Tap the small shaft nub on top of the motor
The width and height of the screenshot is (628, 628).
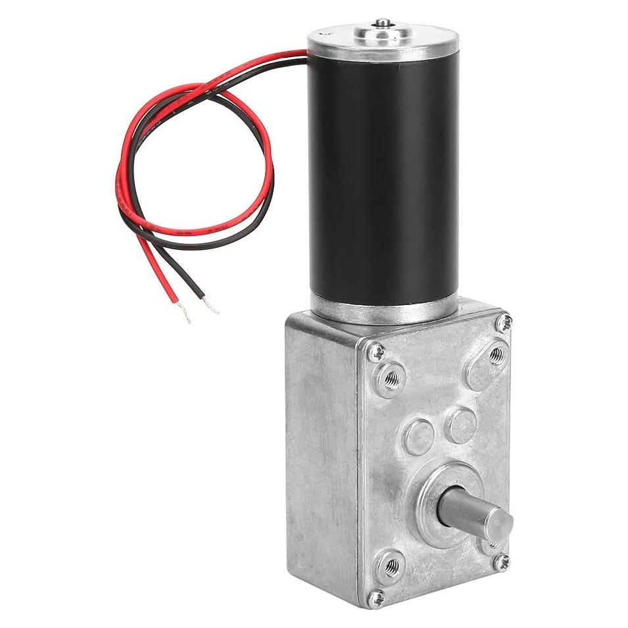coord(381,24)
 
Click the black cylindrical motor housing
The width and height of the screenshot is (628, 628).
coord(381,178)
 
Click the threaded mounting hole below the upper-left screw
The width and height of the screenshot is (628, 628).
coord(391,378)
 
